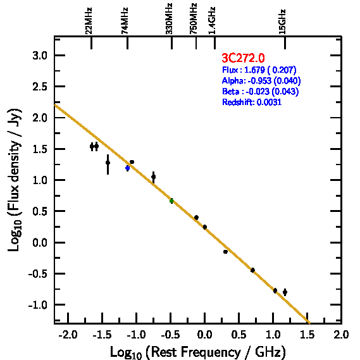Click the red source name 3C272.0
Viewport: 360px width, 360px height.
pos(243,58)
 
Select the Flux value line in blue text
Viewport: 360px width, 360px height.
pos(259,70)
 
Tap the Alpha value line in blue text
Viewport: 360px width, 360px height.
pos(261,80)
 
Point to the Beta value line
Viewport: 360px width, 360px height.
pos(261,91)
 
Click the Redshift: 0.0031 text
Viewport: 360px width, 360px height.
pos(252,102)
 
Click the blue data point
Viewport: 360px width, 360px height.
pos(127,168)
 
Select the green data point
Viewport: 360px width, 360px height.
pos(171,201)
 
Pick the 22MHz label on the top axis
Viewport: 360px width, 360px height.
pos(89,21)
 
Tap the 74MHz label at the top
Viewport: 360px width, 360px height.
pos(125,21)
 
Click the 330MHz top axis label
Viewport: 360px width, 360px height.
pos(169,19)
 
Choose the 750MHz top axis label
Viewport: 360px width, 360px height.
pos(194,19)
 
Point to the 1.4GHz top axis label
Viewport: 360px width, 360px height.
pos(212,21)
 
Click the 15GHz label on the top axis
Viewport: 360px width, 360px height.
pos(282,22)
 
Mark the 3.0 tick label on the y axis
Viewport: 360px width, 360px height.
pos(40,56)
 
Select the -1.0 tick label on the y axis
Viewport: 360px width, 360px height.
pos(38,305)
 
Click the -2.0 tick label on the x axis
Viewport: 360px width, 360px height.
pos(68,335)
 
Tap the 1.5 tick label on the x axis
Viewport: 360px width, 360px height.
pos(307,335)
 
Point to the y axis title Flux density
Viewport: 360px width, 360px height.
pos(14,161)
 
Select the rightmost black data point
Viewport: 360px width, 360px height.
pos(285,292)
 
